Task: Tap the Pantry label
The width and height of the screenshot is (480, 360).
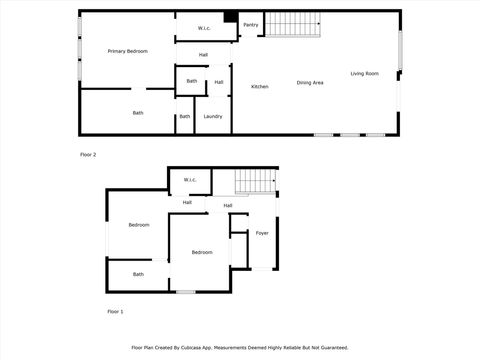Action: click(251, 24)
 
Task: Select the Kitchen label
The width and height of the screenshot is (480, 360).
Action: click(260, 87)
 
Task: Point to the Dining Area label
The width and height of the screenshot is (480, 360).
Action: click(310, 82)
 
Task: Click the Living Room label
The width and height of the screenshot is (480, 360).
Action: click(365, 73)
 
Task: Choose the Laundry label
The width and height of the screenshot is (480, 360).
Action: click(213, 116)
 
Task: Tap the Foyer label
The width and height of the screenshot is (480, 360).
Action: click(262, 233)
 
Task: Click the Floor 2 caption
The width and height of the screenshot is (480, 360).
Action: click(88, 155)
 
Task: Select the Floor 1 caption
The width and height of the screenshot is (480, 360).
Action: click(115, 312)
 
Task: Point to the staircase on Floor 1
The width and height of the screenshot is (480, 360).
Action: click(256, 183)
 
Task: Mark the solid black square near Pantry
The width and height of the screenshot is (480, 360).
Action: click(230, 17)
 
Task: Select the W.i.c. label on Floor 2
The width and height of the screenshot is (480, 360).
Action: click(204, 28)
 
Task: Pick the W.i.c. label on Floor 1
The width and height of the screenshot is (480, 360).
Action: click(190, 180)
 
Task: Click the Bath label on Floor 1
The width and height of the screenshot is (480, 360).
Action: click(139, 274)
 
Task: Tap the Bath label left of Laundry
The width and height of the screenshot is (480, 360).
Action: click(184, 116)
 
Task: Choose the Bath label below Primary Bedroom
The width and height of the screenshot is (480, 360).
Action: click(138, 112)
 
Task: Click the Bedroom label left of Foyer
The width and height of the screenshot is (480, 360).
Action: click(202, 252)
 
